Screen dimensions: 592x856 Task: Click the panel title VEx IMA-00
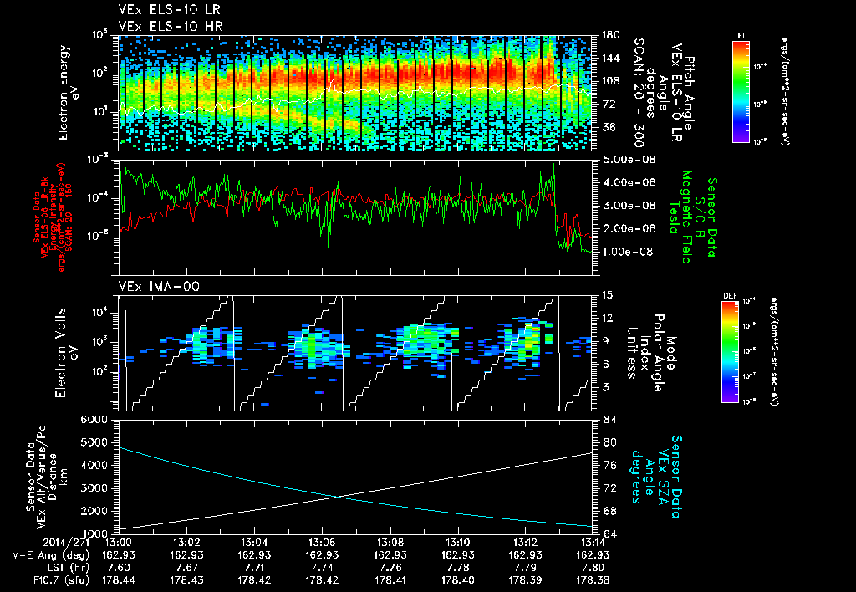[152, 286]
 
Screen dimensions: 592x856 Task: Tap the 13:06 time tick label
[322, 542]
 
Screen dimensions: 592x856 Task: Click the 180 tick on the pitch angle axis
[609, 35]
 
